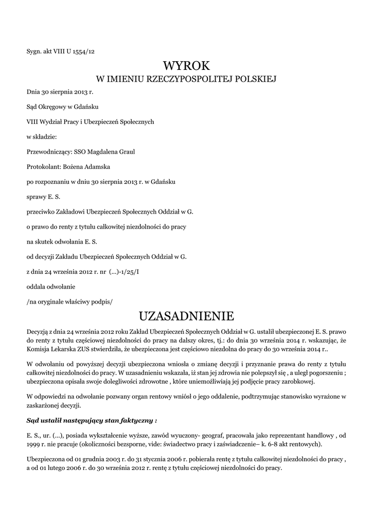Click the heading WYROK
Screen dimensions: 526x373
click(187, 65)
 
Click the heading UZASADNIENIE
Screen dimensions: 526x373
click(186, 314)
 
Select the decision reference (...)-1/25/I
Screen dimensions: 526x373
click(123, 271)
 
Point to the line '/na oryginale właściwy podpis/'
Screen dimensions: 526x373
click(69, 300)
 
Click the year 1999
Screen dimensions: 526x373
click(33, 443)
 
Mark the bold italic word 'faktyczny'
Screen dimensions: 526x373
click(132, 421)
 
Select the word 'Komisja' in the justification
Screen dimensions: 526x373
click(39, 349)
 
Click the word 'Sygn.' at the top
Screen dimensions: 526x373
click(34, 52)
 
